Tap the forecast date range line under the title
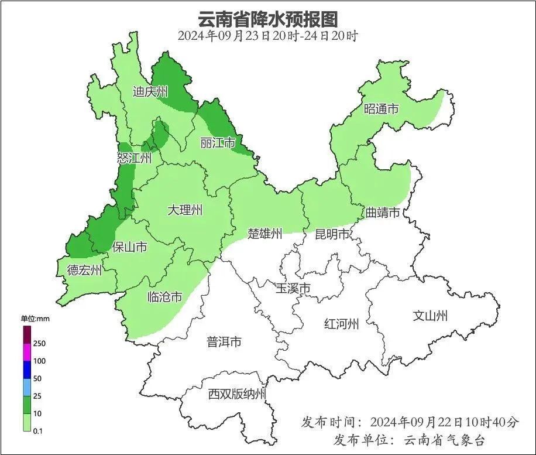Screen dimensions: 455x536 (267, 36)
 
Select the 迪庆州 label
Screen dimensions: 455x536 (150, 91)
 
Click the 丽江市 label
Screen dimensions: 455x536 (217, 143)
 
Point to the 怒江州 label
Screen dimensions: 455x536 (134, 158)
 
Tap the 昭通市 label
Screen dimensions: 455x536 (381, 109)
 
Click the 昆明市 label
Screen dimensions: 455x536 (332, 234)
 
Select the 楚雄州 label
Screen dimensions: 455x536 (264, 234)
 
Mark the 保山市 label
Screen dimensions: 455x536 (129, 247)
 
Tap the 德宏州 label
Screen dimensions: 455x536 (84, 270)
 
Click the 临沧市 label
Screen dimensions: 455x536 (164, 297)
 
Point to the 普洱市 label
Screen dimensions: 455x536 (224, 342)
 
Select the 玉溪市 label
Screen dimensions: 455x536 (293, 288)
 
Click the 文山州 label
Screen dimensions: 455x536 (430, 316)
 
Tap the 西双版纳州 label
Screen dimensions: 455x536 (237, 394)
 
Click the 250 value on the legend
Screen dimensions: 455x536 (40, 343)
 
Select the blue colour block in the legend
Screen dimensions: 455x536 (27, 370)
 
